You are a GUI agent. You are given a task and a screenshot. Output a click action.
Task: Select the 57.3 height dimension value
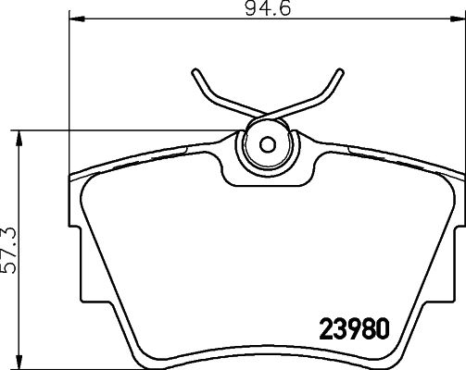tap(10, 250)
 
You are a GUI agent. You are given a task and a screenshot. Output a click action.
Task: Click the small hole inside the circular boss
tap(268, 144)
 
